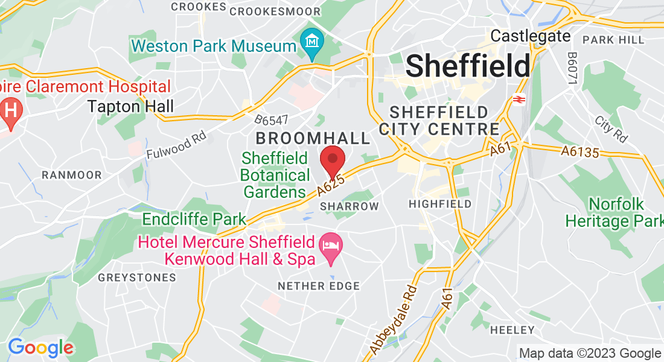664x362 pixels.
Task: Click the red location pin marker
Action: point(331,160)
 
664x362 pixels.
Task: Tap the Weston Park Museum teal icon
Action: point(313,42)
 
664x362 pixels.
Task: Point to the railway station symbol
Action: point(517,98)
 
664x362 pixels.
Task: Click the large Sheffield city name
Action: point(468,65)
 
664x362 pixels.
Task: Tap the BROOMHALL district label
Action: point(313,138)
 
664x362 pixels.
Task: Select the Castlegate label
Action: point(531,36)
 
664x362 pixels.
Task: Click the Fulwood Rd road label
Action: point(176,147)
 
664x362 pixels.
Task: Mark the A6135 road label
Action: point(579,152)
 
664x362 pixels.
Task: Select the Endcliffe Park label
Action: point(194,219)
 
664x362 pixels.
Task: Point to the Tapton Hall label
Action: point(130,107)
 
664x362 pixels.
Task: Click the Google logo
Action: point(40,348)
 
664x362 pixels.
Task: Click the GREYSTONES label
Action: point(137,278)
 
